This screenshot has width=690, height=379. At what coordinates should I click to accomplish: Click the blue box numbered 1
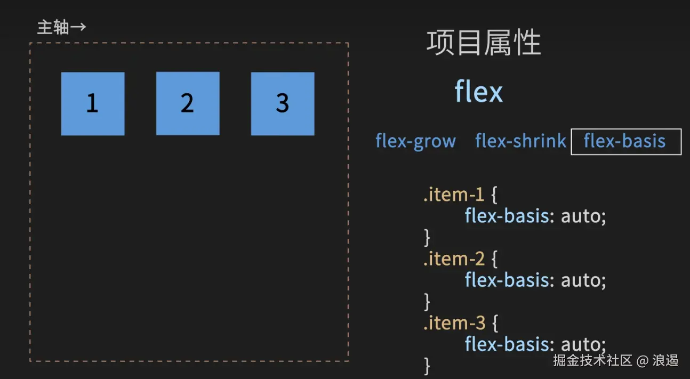[93, 103]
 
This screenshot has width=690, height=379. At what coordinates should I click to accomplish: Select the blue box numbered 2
[188, 103]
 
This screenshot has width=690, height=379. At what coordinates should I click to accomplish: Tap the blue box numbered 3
[283, 103]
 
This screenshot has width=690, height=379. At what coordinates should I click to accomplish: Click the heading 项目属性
[484, 43]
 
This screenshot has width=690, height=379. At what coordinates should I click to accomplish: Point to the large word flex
[478, 92]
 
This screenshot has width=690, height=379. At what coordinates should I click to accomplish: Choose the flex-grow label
[415, 141]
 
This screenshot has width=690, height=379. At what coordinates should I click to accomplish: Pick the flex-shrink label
[520, 141]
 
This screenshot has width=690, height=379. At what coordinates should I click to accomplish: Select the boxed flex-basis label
[625, 141]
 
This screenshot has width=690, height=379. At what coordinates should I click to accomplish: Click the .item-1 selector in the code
[453, 195]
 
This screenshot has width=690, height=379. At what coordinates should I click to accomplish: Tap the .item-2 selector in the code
[454, 259]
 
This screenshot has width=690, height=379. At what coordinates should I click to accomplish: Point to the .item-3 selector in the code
[454, 322]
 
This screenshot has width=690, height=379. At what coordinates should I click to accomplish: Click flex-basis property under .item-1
[507, 216]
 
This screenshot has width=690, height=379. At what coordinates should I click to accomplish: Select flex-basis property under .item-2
[507, 280]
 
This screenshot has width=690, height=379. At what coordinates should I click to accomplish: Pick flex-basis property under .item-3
[507, 344]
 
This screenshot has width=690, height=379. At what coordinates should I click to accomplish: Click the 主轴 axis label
[53, 27]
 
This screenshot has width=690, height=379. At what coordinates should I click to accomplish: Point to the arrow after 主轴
[78, 27]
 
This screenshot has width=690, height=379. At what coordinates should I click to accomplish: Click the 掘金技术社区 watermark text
[592, 361]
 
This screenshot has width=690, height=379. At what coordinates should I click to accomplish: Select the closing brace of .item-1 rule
[427, 237]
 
